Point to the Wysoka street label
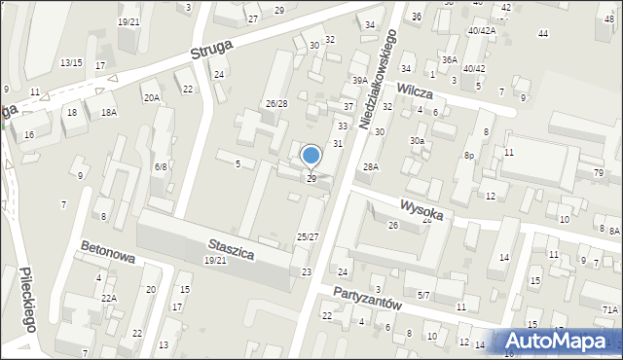422,209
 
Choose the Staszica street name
231,249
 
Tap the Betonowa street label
108,254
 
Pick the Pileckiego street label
27,301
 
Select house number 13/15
71,63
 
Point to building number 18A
107,113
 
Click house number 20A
151,97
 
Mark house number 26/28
276,104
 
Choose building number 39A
359,81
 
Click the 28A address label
371,167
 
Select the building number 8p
468,156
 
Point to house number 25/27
308,237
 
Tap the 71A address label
610,309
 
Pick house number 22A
109,298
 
